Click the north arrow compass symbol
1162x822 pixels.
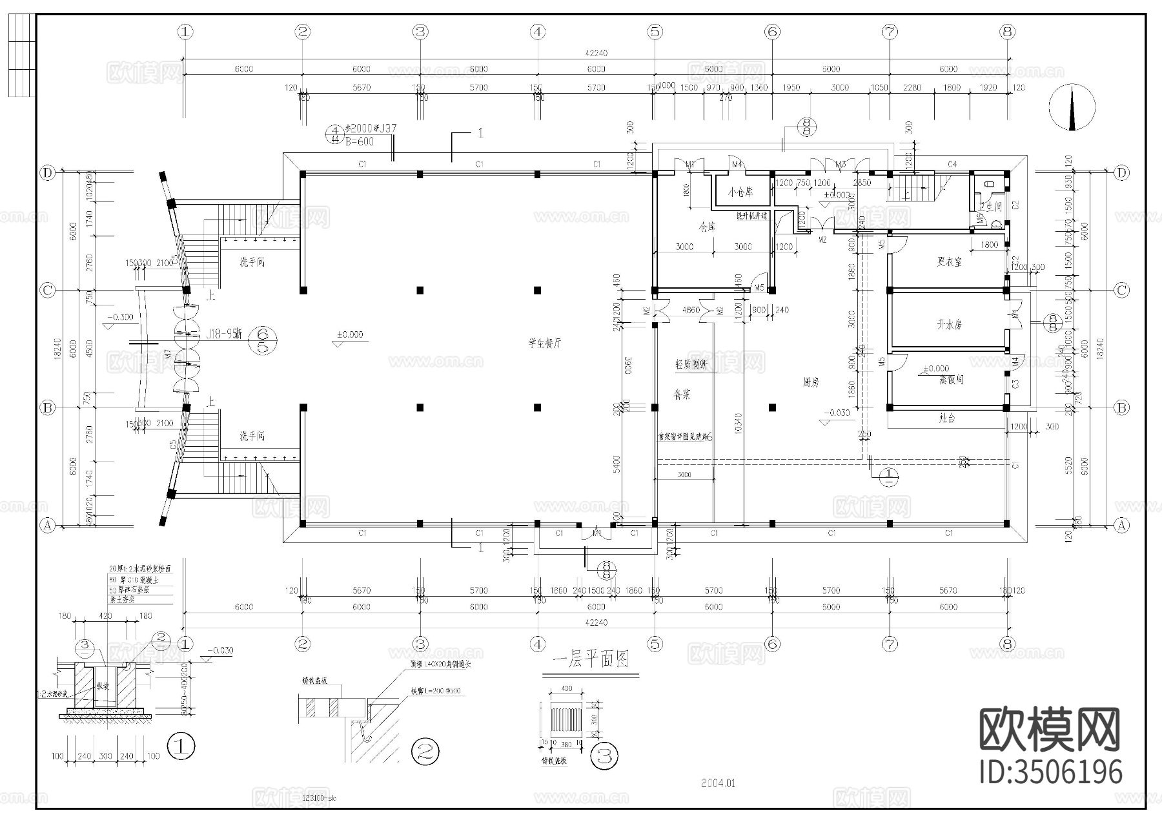(x=1072, y=108)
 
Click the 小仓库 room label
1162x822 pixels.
(x=740, y=192)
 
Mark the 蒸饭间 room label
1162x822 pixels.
(x=951, y=380)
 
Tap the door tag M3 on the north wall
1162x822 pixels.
(x=840, y=165)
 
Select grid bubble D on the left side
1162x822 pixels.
(x=47, y=172)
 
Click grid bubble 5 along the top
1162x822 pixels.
(x=655, y=31)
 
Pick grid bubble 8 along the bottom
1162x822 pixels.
(x=1006, y=644)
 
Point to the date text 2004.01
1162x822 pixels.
(x=718, y=784)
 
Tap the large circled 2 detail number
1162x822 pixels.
(x=425, y=751)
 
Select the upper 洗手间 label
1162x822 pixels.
(x=252, y=263)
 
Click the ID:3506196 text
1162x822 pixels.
(x=1051, y=772)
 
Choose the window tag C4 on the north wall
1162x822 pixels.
(x=952, y=165)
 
